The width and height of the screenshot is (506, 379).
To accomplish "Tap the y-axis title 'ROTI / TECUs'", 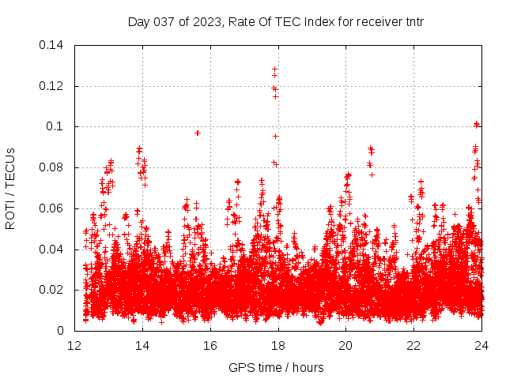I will pos(10,188).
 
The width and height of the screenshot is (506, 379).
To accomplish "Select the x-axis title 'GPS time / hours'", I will pos(276,367).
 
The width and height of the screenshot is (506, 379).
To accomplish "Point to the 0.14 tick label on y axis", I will pos(52,45).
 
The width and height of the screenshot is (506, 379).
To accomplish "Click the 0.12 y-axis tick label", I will pos(52,86).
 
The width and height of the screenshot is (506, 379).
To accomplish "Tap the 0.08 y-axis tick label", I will pos(52,167).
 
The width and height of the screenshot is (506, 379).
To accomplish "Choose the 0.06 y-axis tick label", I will pos(52,208).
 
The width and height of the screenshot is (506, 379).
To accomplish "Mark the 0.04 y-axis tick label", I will pos(52,250).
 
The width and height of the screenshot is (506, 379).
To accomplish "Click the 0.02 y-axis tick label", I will pos(52,290).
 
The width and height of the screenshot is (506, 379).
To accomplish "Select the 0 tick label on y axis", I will pos(61,331).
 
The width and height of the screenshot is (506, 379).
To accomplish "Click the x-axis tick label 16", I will pos(211,346).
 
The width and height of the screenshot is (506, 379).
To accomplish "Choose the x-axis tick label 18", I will pos(278,346).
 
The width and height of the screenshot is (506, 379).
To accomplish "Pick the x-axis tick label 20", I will pos(346,346).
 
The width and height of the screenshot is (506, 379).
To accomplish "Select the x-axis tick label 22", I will pos(414,346).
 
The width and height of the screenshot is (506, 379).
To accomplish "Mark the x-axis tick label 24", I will pos(482,346).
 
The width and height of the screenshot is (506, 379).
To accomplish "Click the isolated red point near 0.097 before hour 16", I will pos(198,133).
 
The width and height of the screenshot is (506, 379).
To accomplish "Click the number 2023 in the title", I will pos(202,21).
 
